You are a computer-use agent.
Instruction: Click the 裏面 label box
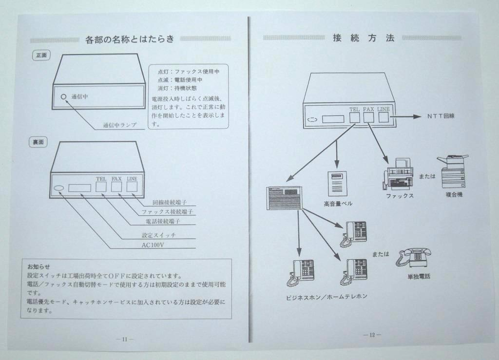[x=38, y=142]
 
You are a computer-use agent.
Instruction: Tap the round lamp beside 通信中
[x=63, y=96]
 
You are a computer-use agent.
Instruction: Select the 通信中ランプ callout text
[x=119, y=125]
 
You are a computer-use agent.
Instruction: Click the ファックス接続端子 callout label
[x=168, y=212]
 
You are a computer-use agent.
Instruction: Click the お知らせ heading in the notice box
[x=38, y=266]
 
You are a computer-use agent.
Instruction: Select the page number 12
[x=372, y=335]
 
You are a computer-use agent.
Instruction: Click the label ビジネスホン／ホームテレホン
[x=326, y=297]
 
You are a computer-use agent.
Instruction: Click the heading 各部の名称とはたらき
[x=129, y=39]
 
